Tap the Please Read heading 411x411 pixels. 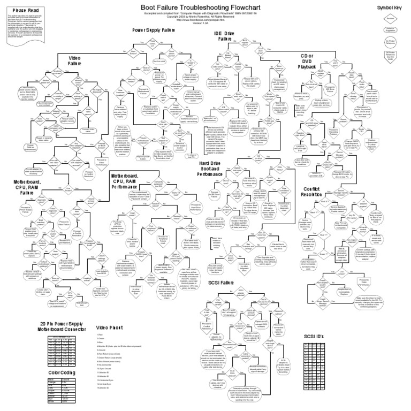pyautogui.click(x=26, y=10)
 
